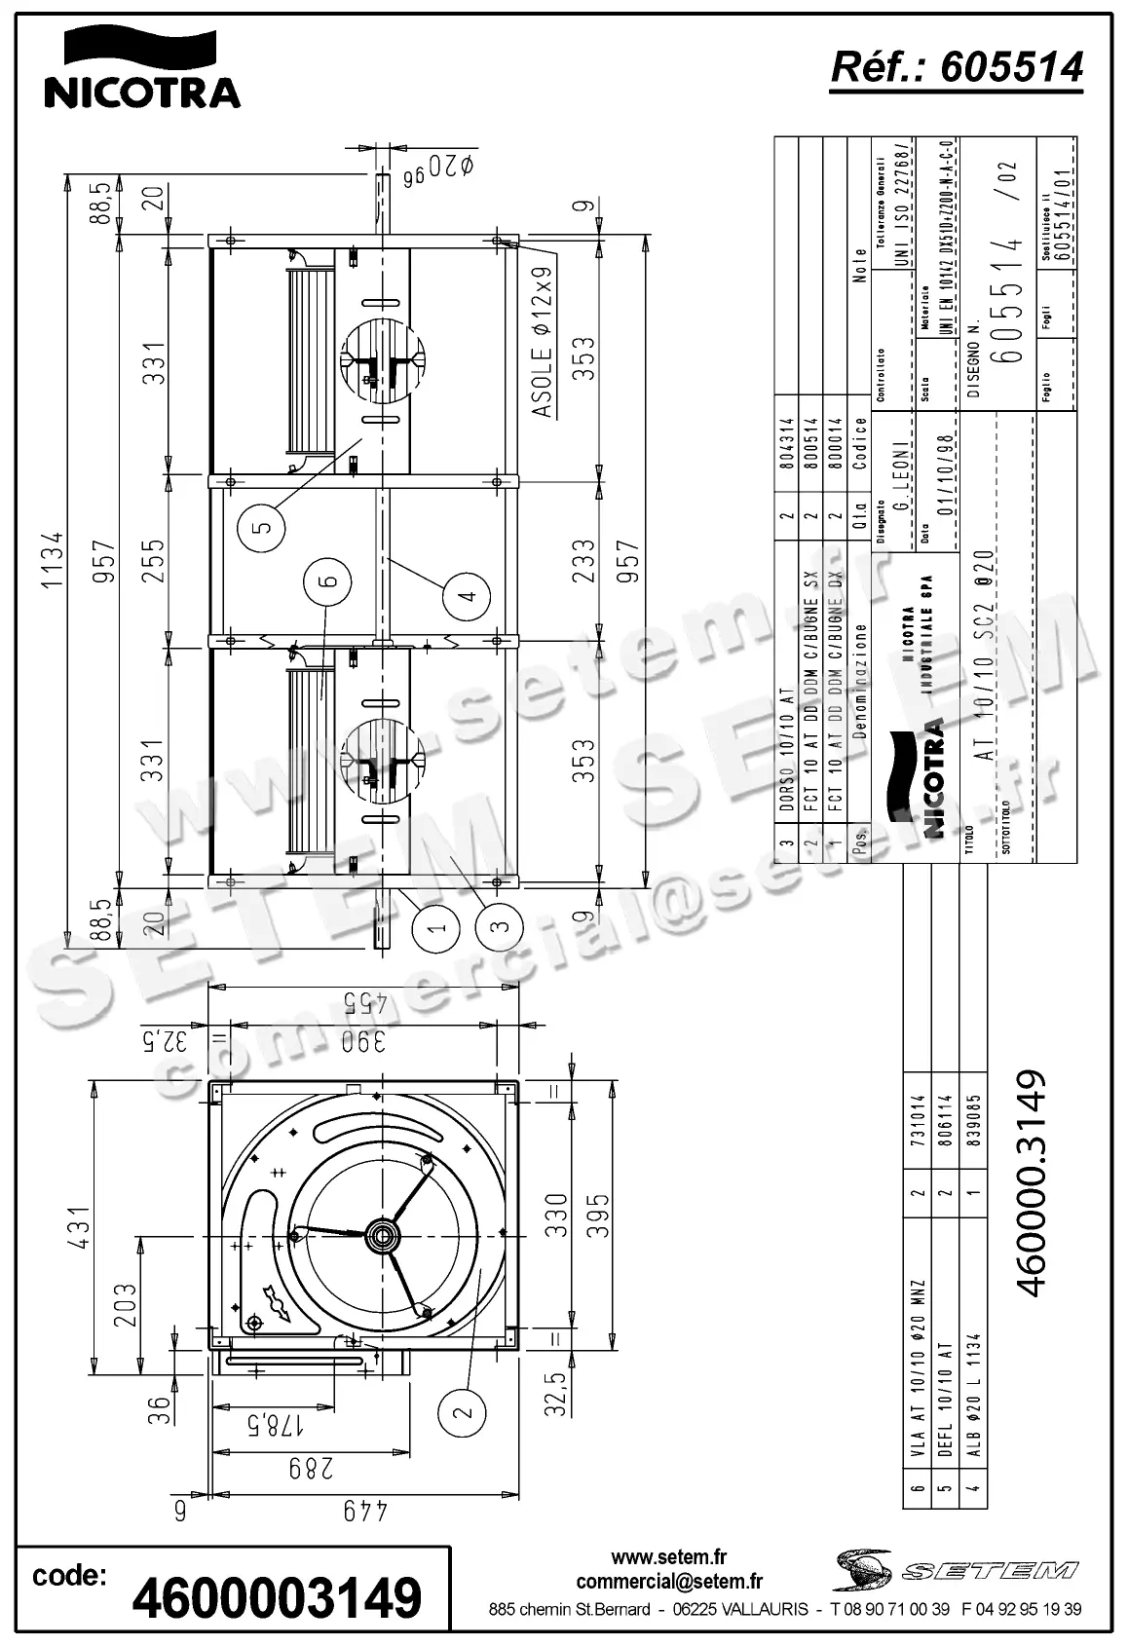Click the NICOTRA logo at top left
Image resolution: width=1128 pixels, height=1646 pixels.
141,68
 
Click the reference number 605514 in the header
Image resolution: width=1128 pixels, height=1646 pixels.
957,67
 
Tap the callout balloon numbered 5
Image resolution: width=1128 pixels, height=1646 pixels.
261,527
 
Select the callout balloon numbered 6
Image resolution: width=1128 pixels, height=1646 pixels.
327,581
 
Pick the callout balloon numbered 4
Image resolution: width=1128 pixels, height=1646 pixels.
468,593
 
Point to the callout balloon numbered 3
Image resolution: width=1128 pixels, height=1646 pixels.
501,926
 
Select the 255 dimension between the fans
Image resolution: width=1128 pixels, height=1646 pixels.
153,560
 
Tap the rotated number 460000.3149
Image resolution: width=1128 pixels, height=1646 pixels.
1030,1183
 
